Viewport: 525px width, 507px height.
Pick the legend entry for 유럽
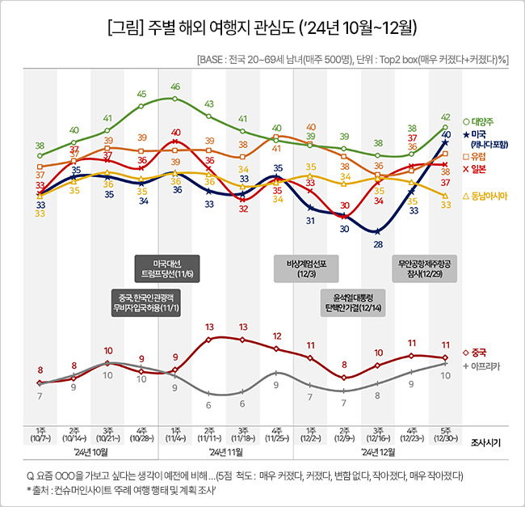click(478, 156)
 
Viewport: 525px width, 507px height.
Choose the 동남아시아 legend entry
click(486, 196)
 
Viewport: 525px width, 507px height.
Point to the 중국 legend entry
click(478, 353)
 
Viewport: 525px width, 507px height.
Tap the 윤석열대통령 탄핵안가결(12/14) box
click(353, 303)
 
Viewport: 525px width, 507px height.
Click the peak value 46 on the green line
click(175, 87)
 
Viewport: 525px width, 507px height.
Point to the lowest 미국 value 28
click(377, 243)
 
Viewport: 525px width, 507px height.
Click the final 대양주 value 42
click(446, 117)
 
